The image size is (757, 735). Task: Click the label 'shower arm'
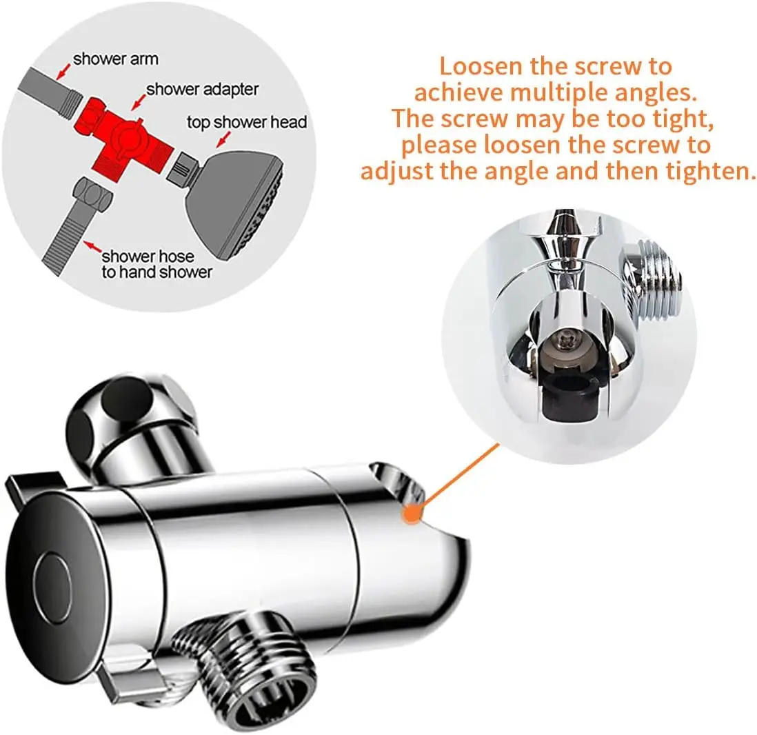[115, 59]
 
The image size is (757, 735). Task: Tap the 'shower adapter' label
[202, 90]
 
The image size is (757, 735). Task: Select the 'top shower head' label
[247, 121]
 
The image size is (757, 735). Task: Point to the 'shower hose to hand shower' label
[157, 263]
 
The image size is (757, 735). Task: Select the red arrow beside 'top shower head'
[223, 139]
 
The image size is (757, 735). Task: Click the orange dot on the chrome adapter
[411, 512]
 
